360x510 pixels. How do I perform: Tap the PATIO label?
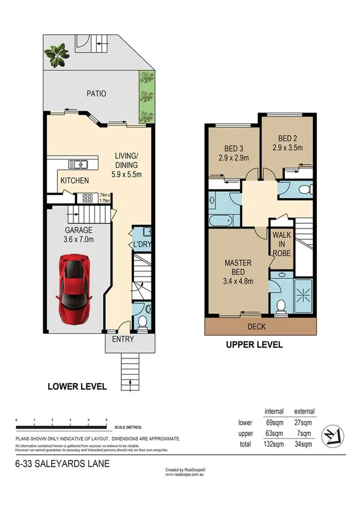[96, 94]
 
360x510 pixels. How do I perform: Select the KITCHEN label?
[75, 180]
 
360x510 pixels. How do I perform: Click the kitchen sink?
[78, 164]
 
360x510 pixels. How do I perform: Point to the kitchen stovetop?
[87, 197]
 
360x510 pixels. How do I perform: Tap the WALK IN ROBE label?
[281, 244]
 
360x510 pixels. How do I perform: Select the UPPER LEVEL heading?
[254, 345]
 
